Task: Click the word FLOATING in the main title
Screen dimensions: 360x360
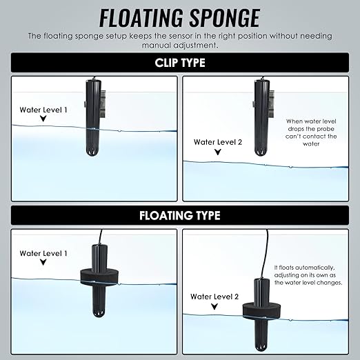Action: (141, 19)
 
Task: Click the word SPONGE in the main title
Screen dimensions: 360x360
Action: (225, 19)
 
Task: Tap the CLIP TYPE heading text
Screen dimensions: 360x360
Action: (180, 63)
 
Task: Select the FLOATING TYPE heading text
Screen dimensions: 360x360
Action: (180, 215)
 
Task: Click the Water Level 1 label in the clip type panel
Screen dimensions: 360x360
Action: (43, 110)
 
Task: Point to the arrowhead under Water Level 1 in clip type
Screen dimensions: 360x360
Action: (43, 119)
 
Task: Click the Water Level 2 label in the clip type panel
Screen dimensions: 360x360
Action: (218, 142)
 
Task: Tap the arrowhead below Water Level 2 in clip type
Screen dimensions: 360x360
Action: (218, 152)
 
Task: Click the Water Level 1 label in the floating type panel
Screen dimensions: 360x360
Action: (43, 253)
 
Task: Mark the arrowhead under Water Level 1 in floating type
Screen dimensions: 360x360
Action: (43, 262)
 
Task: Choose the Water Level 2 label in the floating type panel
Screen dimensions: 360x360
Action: (214, 297)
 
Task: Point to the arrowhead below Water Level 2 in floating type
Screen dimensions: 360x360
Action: (214, 306)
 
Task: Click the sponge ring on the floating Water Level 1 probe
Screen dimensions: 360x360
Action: (99, 277)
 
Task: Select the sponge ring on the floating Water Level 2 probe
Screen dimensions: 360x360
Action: (262, 311)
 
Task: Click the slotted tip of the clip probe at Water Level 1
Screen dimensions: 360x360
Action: (93, 151)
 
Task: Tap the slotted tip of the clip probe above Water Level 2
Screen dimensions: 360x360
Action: (261, 151)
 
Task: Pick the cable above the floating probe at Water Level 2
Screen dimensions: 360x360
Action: (267, 254)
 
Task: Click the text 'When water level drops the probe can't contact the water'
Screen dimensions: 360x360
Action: (311, 132)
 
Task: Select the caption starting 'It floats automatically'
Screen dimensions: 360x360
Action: (308, 275)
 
